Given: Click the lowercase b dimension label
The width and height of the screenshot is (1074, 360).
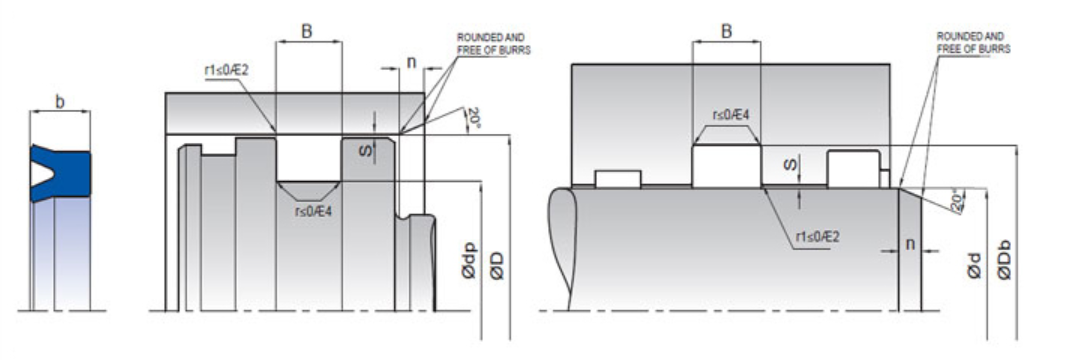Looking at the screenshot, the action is [60, 102].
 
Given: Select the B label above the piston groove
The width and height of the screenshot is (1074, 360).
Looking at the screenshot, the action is [308, 31].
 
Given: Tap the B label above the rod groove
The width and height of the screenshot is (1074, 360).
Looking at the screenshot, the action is [726, 31].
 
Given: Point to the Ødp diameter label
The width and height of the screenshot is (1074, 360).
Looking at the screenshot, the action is [470, 261].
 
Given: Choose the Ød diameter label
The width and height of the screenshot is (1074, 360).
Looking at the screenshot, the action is [974, 266].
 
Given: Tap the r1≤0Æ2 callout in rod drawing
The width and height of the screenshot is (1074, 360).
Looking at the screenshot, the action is [817, 237].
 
